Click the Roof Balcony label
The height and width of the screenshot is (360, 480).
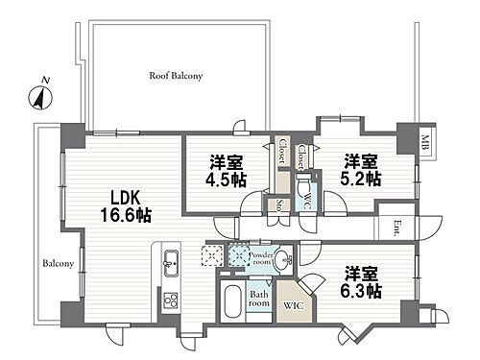[176, 76]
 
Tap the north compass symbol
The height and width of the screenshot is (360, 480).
[40, 96]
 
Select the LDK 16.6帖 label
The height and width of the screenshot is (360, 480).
[126, 206]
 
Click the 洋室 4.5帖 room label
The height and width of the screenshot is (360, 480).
[227, 171]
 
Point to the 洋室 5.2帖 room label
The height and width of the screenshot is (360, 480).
[361, 170]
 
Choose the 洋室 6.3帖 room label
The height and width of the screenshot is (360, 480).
[361, 282]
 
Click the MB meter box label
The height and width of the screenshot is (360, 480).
[425, 143]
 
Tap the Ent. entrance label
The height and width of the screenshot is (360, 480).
[397, 228]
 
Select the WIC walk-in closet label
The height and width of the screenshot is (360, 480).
[293, 305]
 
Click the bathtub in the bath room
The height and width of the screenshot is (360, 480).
[232, 301]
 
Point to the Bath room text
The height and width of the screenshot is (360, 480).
[259, 299]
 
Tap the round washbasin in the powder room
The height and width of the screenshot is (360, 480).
[283, 258]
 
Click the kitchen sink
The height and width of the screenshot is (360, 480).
[172, 263]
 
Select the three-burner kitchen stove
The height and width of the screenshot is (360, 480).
[171, 300]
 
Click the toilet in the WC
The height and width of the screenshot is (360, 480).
[303, 186]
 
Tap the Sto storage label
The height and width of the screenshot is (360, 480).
[279, 205]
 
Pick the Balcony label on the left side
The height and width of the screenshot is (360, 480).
[59, 264]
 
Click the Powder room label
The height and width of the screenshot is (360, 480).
[261, 258]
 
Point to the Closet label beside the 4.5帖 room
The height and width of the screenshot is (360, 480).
[281, 151]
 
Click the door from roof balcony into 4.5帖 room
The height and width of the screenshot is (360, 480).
[241, 128]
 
